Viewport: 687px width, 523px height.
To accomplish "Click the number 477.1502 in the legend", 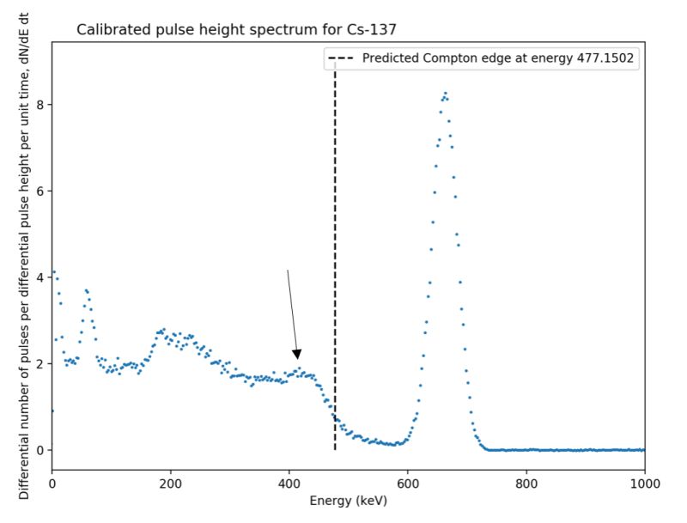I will [x=603, y=58].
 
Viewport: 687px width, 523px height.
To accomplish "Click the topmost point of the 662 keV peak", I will [x=445, y=93].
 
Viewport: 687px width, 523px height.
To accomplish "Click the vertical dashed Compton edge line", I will [x=335, y=258].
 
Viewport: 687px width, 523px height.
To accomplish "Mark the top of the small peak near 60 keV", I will [x=86, y=290].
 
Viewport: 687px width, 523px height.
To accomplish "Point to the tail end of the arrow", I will [x=288, y=271].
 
